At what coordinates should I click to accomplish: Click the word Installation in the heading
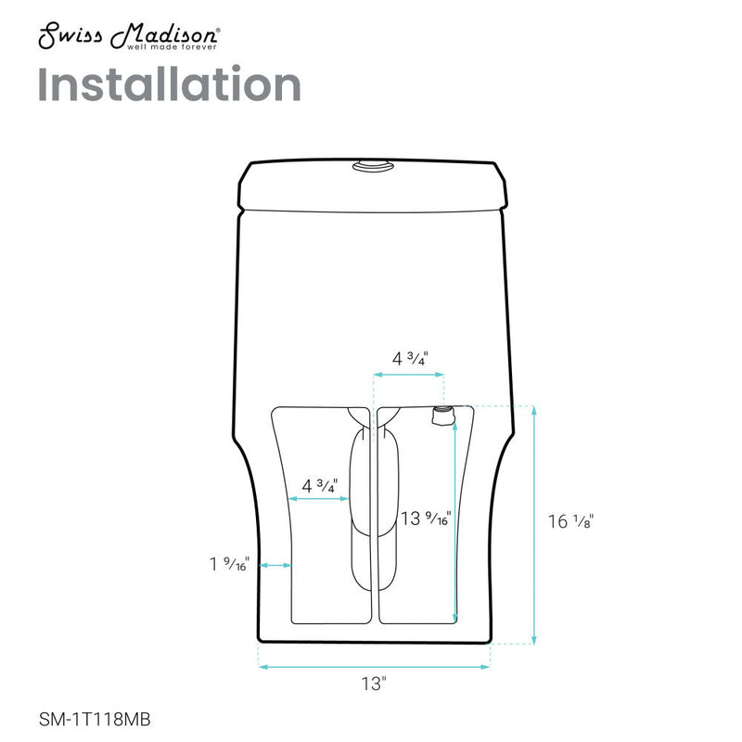pyautogui.click(x=170, y=84)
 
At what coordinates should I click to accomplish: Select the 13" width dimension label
pyautogui.click(x=373, y=684)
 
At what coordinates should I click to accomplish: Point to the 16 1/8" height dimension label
pyautogui.click(x=569, y=521)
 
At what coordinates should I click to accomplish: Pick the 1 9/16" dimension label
pyautogui.click(x=228, y=563)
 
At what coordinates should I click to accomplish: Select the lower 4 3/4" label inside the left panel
pyautogui.click(x=319, y=484)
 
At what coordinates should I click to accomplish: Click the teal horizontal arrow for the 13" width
pyautogui.click(x=373, y=665)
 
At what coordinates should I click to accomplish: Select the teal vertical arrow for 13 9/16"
pyautogui.click(x=454, y=519)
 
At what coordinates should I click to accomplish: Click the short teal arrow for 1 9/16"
pyautogui.click(x=275, y=564)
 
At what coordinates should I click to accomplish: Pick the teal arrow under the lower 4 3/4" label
pyautogui.click(x=319, y=499)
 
